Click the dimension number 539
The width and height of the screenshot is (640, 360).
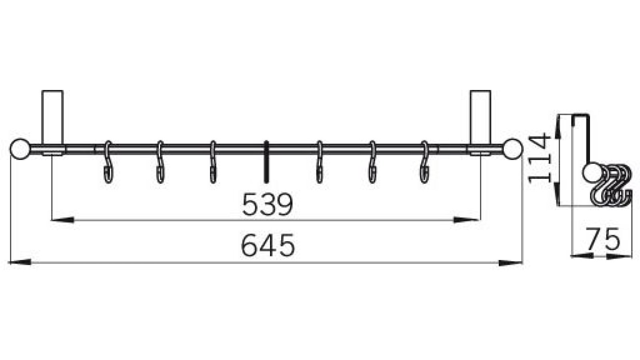267,204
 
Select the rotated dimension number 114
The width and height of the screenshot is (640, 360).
540,159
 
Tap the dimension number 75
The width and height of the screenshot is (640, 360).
603,240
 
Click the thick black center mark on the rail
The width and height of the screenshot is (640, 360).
266,162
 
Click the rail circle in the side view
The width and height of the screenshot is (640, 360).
591,173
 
